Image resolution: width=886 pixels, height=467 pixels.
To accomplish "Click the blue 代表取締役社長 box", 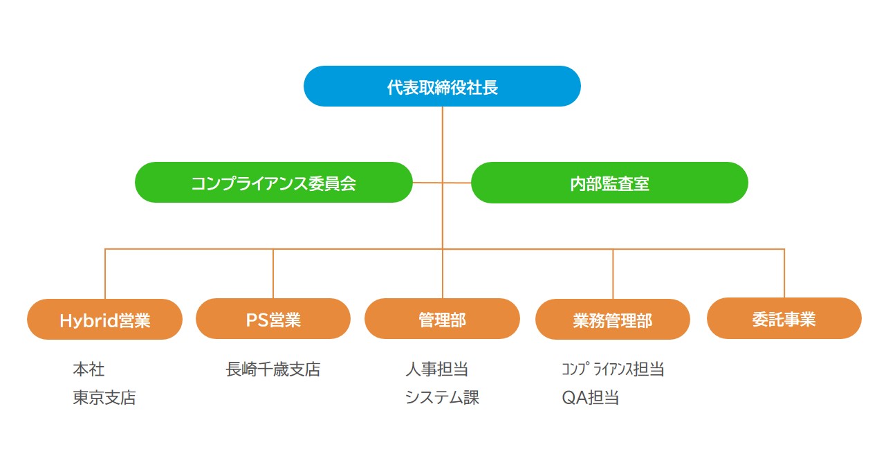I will pos(442,86).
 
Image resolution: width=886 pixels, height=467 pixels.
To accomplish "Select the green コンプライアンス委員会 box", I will pos(273,183).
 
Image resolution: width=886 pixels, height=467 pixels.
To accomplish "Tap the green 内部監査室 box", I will pos(609,183).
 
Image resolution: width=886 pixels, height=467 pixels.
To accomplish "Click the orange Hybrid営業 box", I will pos(104,320).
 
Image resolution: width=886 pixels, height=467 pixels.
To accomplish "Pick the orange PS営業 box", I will pos(273,319).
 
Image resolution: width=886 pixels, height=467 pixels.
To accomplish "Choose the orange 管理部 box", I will pos(442,319).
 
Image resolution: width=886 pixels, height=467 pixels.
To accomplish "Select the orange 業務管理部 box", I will pos(613,320).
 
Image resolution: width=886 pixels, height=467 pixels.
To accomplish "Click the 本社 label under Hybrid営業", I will pos(89,369).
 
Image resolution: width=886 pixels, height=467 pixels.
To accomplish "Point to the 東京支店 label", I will pos(104,398).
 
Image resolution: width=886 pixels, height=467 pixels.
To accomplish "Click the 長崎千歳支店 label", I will pos(273,369).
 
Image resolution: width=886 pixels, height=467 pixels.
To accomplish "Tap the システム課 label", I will pos(442,398).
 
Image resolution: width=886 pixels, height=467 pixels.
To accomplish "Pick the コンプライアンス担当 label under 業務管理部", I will pos(613,369).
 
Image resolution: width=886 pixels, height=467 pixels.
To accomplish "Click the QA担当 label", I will pos(590,398).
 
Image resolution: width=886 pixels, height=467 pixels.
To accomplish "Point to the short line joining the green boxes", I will pos(427,183).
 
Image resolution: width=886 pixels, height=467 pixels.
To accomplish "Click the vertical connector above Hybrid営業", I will pos(105,274).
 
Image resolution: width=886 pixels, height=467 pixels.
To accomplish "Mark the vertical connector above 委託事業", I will pos(784,273).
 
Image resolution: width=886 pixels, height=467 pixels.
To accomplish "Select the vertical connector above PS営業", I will pos(273,274).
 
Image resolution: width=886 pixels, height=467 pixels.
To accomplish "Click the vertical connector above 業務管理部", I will pos(613,274).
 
